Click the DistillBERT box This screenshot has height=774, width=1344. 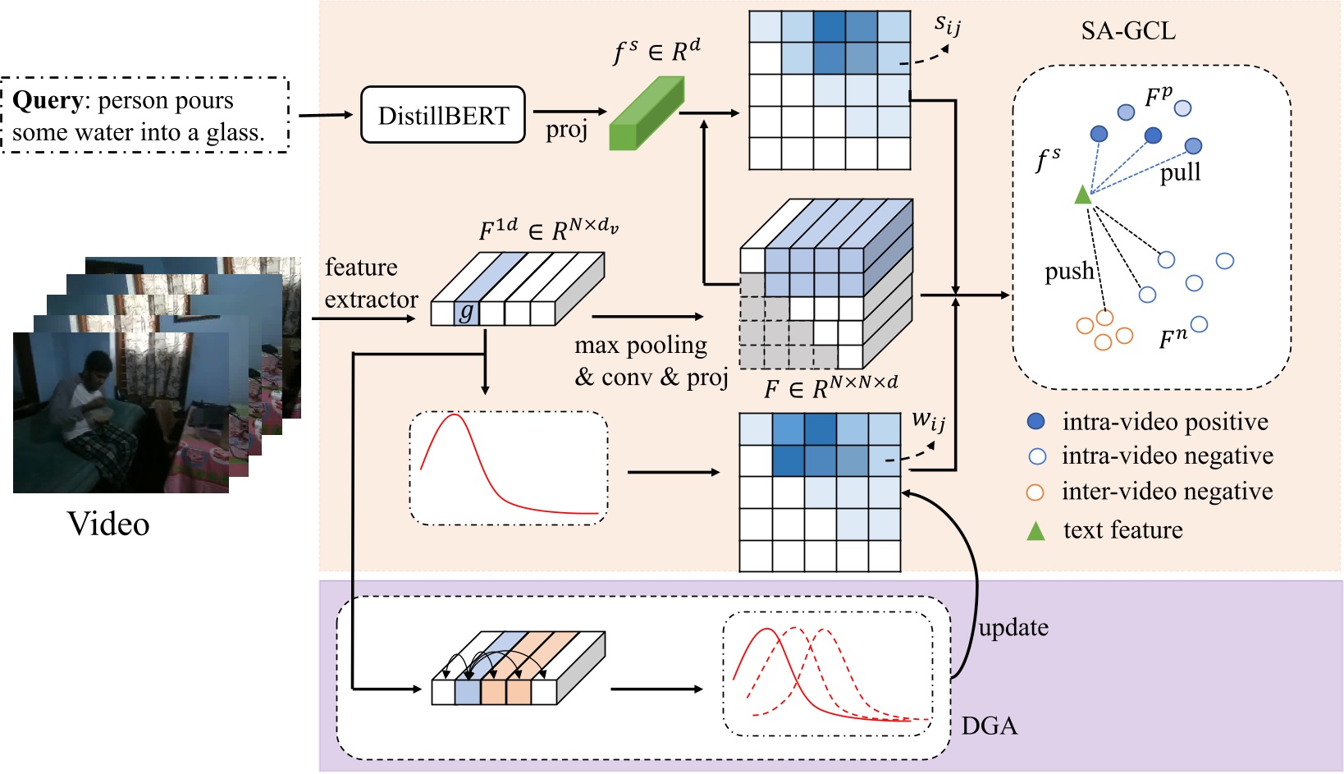pos(443,116)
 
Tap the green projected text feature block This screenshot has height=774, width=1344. pos(647,115)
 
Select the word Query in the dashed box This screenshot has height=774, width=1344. pos(47,100)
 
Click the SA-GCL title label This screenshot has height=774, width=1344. pos(1127,31)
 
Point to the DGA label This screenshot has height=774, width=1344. pos(989,726)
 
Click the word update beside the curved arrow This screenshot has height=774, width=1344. pos(1013,628)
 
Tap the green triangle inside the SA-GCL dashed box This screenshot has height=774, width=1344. pos(1083,195)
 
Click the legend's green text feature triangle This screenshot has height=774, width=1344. pos(1036,531)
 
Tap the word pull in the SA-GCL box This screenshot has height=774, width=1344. pos(1180,172)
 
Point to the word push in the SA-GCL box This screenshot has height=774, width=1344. pos(1068,272)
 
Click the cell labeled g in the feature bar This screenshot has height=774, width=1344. pos(467,313)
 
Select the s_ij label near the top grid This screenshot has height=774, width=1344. pos(947,25)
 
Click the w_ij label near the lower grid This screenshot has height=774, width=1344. pos(928,422)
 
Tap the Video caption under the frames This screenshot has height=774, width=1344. pos(108,524)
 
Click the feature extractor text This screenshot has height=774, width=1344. pos(370,284)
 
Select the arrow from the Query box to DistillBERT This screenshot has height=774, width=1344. pos(325,115)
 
